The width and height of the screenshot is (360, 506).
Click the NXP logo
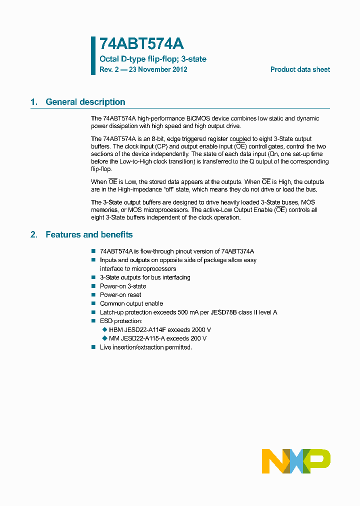(x=296, y=461)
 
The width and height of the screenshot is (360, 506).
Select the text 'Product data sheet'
(x=300, y=69)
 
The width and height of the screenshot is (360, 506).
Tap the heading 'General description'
(x=85, y=102)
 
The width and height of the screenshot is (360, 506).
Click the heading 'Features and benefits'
(x=89, y=234)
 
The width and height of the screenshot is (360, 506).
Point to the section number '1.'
(x=34, y=102)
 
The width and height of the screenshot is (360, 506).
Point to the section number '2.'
(x=34, y=234)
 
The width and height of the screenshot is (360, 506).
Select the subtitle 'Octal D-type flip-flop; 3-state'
(x=153, y=59)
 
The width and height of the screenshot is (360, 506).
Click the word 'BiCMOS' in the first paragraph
(x=198, y=118)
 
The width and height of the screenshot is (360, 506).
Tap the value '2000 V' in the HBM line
(x=201, y=329)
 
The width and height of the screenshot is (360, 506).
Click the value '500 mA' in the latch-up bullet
(x=190, y=312)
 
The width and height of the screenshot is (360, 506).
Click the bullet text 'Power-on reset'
(x=120, y=295)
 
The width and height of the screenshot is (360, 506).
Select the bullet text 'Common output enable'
(x=131, y=303)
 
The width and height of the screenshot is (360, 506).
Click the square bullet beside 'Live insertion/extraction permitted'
(x=93, y=347)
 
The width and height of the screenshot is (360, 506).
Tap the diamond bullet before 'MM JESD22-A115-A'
(x=104, y=338)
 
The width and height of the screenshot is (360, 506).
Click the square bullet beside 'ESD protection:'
(x=93, y=321)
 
